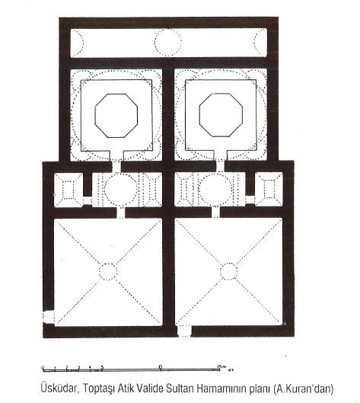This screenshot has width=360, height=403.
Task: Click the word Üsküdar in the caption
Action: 59,388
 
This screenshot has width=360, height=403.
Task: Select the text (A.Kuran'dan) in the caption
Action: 303,389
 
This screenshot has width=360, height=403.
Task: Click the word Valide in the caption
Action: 151,388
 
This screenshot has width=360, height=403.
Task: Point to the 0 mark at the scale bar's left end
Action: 43,366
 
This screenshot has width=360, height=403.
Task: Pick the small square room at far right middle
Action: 269,190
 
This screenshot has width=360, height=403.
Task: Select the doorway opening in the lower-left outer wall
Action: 48,318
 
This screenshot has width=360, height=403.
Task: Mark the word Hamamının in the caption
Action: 221,388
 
